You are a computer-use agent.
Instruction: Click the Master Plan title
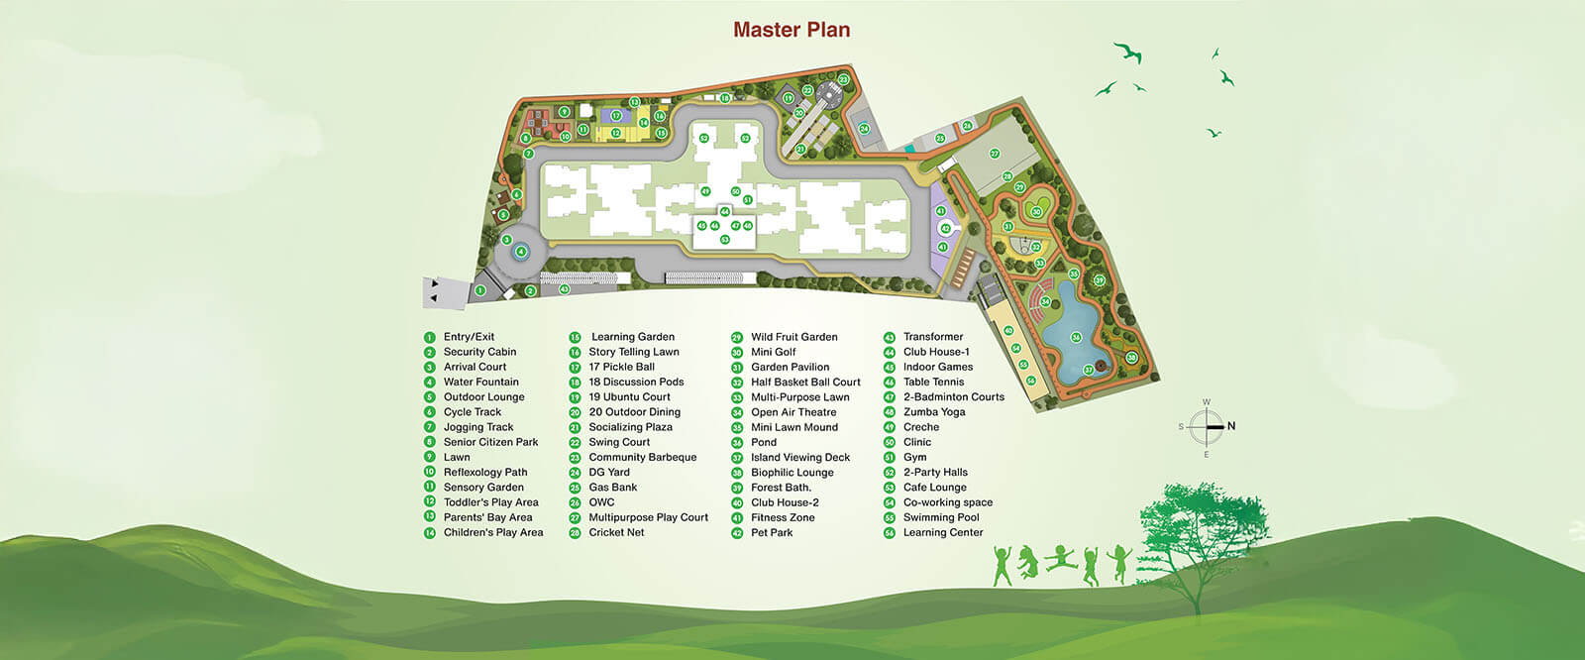pyautogui.click(x=792, y=30)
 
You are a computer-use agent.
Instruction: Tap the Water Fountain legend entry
pyautogui.click(x=480, y=382)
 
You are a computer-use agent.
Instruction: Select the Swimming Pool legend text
pyautogui.click(x=940, y=517)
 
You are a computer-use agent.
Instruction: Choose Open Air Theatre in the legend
pyautogui.click(x=793, y=412)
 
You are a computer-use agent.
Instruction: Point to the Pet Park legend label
pyautogui.click(x=772, y=532)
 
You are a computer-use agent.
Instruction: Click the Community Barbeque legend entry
pyautogui.click(x=642, y=457)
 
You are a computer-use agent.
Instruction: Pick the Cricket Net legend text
pyautogui.click(x=616, y=532)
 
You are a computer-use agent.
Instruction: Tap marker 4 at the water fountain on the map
pyautogui.click(x=521, y=252)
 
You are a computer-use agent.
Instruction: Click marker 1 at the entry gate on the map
pyautogui.click(x=479, y=290)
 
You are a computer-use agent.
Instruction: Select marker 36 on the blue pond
pyautogui.click(x=1076, y=337)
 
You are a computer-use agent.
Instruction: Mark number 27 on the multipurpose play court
pyautogui.click(x=995, y=154)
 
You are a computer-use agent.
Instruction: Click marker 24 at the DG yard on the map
pyautogui.click(x=864, y=129)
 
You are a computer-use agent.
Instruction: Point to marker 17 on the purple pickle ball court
pyautogui.click(x=615, y=116)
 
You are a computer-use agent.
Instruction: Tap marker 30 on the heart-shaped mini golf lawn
pyautogui.click(x=1036, y=211)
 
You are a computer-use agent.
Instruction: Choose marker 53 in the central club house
pyautogui.click(x=725, y=240)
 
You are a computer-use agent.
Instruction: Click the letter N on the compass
pyautogui.click(x=1231, y=426)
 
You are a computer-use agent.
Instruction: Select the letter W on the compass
pyautogui.click(x=1206, y=402)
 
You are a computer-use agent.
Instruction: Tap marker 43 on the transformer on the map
pyautogui.click(x=564, y=289)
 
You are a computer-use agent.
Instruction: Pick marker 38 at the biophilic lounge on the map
pyautogui.click(x=1130, y=358)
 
